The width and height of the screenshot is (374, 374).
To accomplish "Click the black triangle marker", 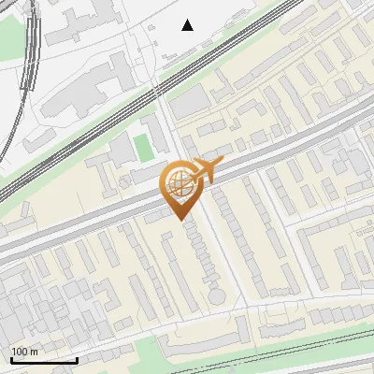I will [x=188, y=24].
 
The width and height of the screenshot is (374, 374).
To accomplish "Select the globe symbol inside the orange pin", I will [x=178, y=184].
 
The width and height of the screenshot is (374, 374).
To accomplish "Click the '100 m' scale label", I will [x=24, y=352].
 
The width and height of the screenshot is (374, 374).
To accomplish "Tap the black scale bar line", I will [x=44, y=360].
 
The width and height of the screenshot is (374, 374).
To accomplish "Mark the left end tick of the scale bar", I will [x=11, y=358].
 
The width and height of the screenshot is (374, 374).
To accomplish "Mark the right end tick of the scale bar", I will [x=77, y=358].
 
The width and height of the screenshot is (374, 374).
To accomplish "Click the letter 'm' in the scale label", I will [x=35, y=352].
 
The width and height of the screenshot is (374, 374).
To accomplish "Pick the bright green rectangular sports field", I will [x=142, y=147].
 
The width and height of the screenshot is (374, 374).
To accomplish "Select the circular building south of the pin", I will [x=217, y=295].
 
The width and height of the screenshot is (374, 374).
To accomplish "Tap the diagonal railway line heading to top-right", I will [x=140, y=103].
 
